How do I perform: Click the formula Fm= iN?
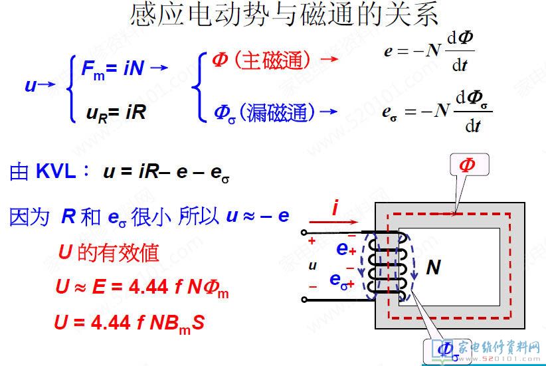[113, 68]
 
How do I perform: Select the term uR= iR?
[116, 112]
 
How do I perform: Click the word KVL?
[57, 171]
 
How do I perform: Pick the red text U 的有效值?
[109, 252]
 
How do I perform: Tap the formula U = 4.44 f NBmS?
[129, 323]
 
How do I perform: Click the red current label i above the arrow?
[336, 209]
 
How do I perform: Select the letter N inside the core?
[434, 268]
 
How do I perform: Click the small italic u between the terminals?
[312, 266]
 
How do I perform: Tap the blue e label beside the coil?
[343, 249]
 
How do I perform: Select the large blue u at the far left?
[31, 85]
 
